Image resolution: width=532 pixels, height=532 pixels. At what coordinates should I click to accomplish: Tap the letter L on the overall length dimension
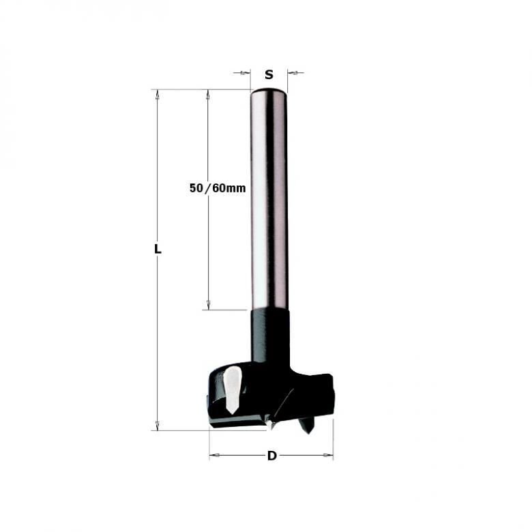click(x=158, y=250)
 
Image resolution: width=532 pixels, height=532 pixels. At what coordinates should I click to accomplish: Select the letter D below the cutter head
click(x=271, y=456)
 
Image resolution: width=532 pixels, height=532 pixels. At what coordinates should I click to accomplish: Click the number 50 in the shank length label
click(x=196, y=188)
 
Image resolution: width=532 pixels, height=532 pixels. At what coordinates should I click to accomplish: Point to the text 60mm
click(x=228, y=188)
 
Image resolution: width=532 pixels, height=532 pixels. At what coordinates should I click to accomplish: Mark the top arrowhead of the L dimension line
click(x=158, y=94)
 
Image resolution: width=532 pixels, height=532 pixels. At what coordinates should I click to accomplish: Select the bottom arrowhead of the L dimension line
click(x=158, y=426)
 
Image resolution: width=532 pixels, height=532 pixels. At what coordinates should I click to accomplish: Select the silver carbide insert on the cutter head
click(x=232, y=389)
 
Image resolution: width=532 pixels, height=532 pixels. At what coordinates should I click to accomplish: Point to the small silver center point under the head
click(x=271, y=424)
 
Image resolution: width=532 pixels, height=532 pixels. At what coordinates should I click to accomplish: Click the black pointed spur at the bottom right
click(x=307, y=427)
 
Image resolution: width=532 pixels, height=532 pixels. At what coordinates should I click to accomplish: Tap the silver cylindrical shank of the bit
click(x=269, y=205)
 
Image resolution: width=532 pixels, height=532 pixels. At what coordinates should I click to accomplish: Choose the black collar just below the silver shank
click(x=270, y=334)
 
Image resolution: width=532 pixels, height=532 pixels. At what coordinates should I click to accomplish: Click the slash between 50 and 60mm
click(x=208, y=188)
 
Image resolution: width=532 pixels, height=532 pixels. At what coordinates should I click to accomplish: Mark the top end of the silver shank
click(x=269, y=91)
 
